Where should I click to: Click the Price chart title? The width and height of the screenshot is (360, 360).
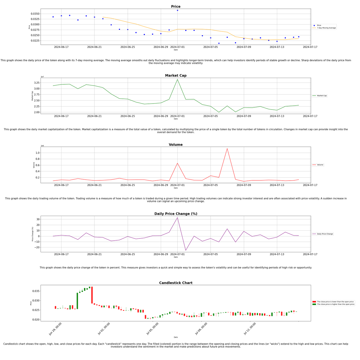click(175, 7)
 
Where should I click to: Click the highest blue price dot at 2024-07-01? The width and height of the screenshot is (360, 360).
click(177, 10)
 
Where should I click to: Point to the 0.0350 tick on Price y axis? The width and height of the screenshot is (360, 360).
click(35, 14)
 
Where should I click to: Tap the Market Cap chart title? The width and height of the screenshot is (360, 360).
click(175, 76)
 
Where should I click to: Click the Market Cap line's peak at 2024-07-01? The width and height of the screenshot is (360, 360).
click(177, 79)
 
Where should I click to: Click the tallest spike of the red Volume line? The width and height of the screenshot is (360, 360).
click(227, 148)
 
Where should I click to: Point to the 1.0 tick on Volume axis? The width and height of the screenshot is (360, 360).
click(37, 153)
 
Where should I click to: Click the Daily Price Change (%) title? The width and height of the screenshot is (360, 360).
click(175, 214)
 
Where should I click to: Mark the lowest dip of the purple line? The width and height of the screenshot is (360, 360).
click(186, 250)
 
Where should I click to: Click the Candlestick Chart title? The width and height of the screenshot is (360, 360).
click(175, 283)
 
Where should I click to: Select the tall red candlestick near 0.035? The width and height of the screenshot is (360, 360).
click(92, 295)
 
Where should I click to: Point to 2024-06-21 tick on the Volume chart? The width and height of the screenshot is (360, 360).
click(94, 185)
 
